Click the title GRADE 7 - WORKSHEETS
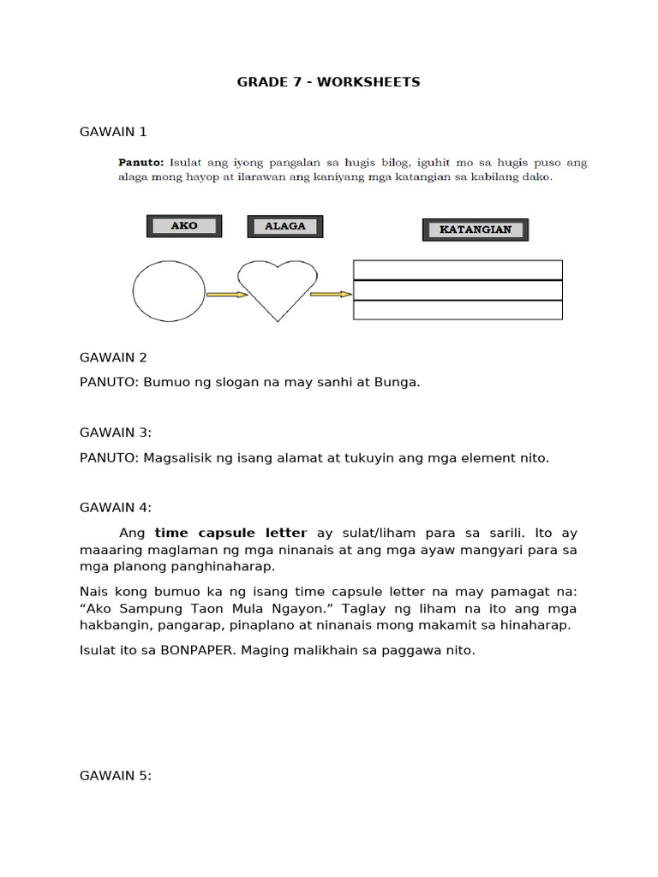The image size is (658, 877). [329, 82]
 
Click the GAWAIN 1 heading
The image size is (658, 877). [113, 131]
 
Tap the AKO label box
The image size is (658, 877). [184, 226]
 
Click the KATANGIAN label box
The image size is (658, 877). [476, 230]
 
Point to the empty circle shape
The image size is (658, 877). [169, 291]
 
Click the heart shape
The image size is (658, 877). [277, 289]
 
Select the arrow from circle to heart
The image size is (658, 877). [226, 295]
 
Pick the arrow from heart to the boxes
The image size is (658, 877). [331, 295]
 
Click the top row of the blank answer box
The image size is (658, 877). [458, 270]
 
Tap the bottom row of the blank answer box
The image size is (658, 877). [458, 310]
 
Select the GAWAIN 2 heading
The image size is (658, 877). [113, 357]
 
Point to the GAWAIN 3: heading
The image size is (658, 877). [115, 433]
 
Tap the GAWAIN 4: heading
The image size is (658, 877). [115, 508]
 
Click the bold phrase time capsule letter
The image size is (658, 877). [230, 533]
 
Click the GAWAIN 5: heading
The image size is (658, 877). [115, 776]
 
